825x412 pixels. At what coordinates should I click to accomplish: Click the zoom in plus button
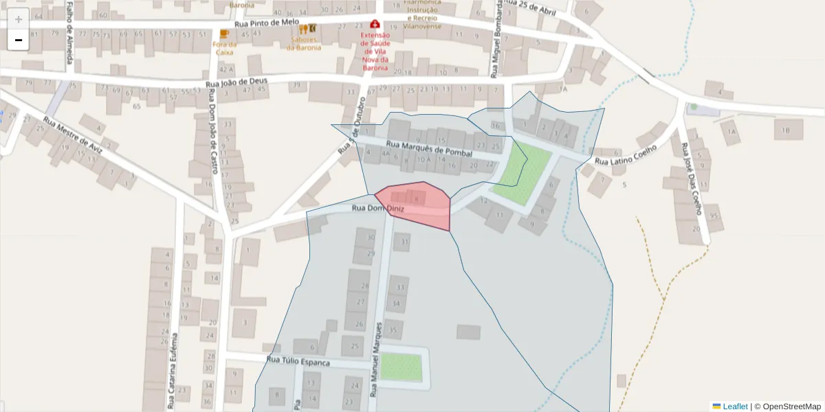[x=19, y=19]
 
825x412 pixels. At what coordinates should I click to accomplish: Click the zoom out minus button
[x=19, y=41]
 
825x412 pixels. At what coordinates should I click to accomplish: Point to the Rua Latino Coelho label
[x=626, y=156]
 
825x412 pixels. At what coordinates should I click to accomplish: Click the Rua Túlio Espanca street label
[x=298, y=361]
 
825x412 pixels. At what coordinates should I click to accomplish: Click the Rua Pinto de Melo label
[x=267, y=23]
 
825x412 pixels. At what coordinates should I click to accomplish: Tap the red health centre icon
[x=375, y=25]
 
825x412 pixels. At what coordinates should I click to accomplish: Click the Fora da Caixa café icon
[x=223, y=34]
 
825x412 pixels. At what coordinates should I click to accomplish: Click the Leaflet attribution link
[x=734, y=407]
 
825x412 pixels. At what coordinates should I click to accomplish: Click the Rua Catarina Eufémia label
[x=172, y=371]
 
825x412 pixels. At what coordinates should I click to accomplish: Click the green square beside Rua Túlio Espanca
[x=401, y=367]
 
